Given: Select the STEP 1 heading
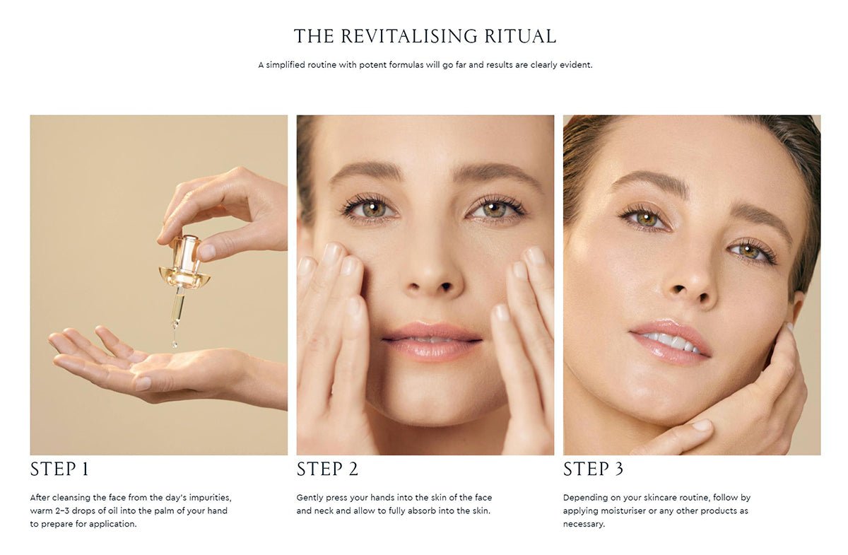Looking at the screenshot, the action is (59, 469).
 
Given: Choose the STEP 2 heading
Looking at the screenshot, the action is (327, 469).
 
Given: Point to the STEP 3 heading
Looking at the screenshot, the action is (593, 469).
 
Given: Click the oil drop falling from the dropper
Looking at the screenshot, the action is (175, 344).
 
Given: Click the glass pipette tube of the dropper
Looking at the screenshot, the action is (177, 308).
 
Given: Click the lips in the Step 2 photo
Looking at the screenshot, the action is (432, 341).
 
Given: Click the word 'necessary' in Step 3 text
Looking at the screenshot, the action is (584, 525).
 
